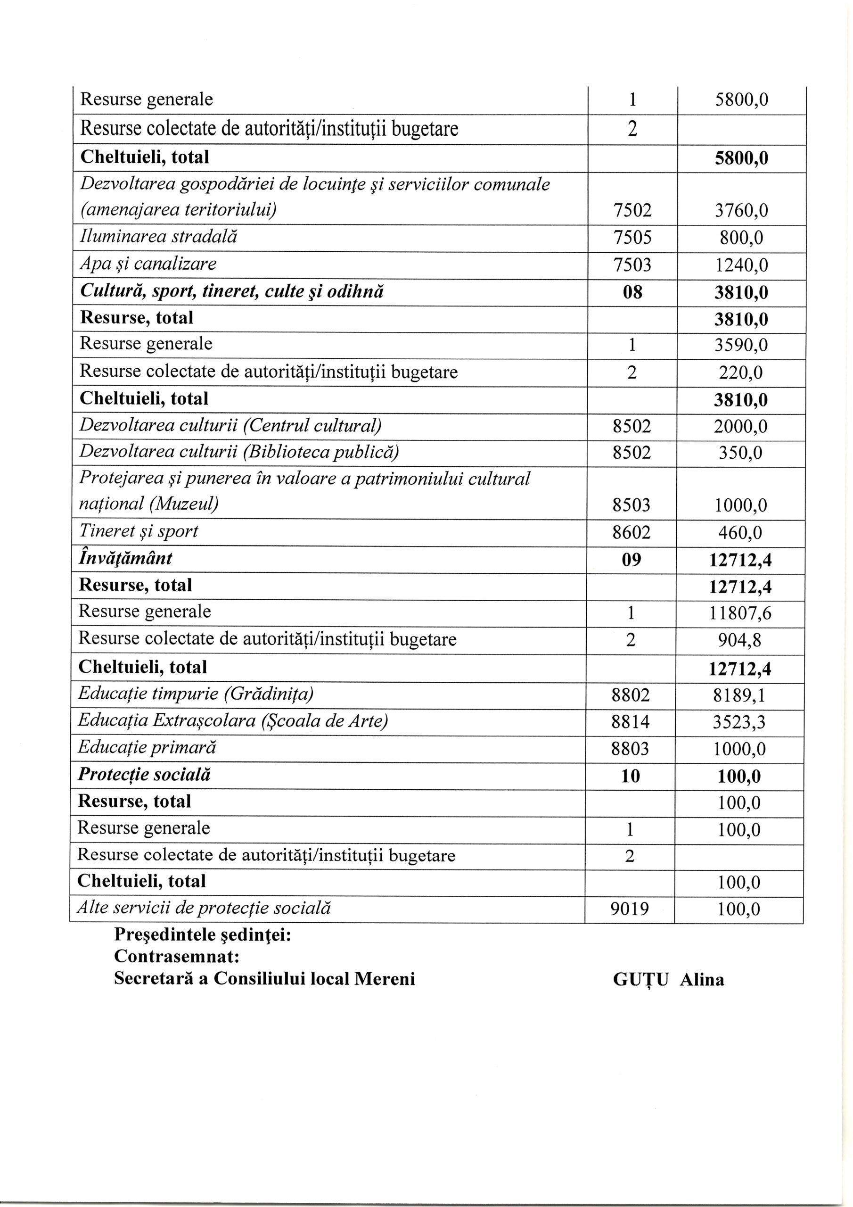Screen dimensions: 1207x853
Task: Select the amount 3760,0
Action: click(741, 211)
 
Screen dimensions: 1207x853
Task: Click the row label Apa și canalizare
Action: click(148, 264)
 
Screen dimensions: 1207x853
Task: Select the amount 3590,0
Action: click(740, 346)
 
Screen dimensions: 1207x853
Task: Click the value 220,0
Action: click(740, 373)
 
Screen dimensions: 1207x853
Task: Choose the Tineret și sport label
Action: click(139, 531)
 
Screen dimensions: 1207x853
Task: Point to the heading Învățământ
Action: click(125, 558)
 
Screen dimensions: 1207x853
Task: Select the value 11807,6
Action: click(740, 613)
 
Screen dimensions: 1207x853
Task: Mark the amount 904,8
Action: click(740, 640)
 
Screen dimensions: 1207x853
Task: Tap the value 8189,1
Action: click(739, 695)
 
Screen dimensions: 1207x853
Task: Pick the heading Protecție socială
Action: click(144, 775)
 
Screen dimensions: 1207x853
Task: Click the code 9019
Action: click(629, 909)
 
